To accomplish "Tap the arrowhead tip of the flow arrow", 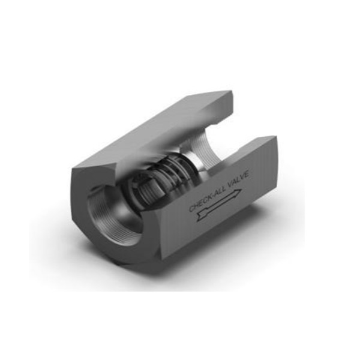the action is [242, 190].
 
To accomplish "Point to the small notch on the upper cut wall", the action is [214, 125].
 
